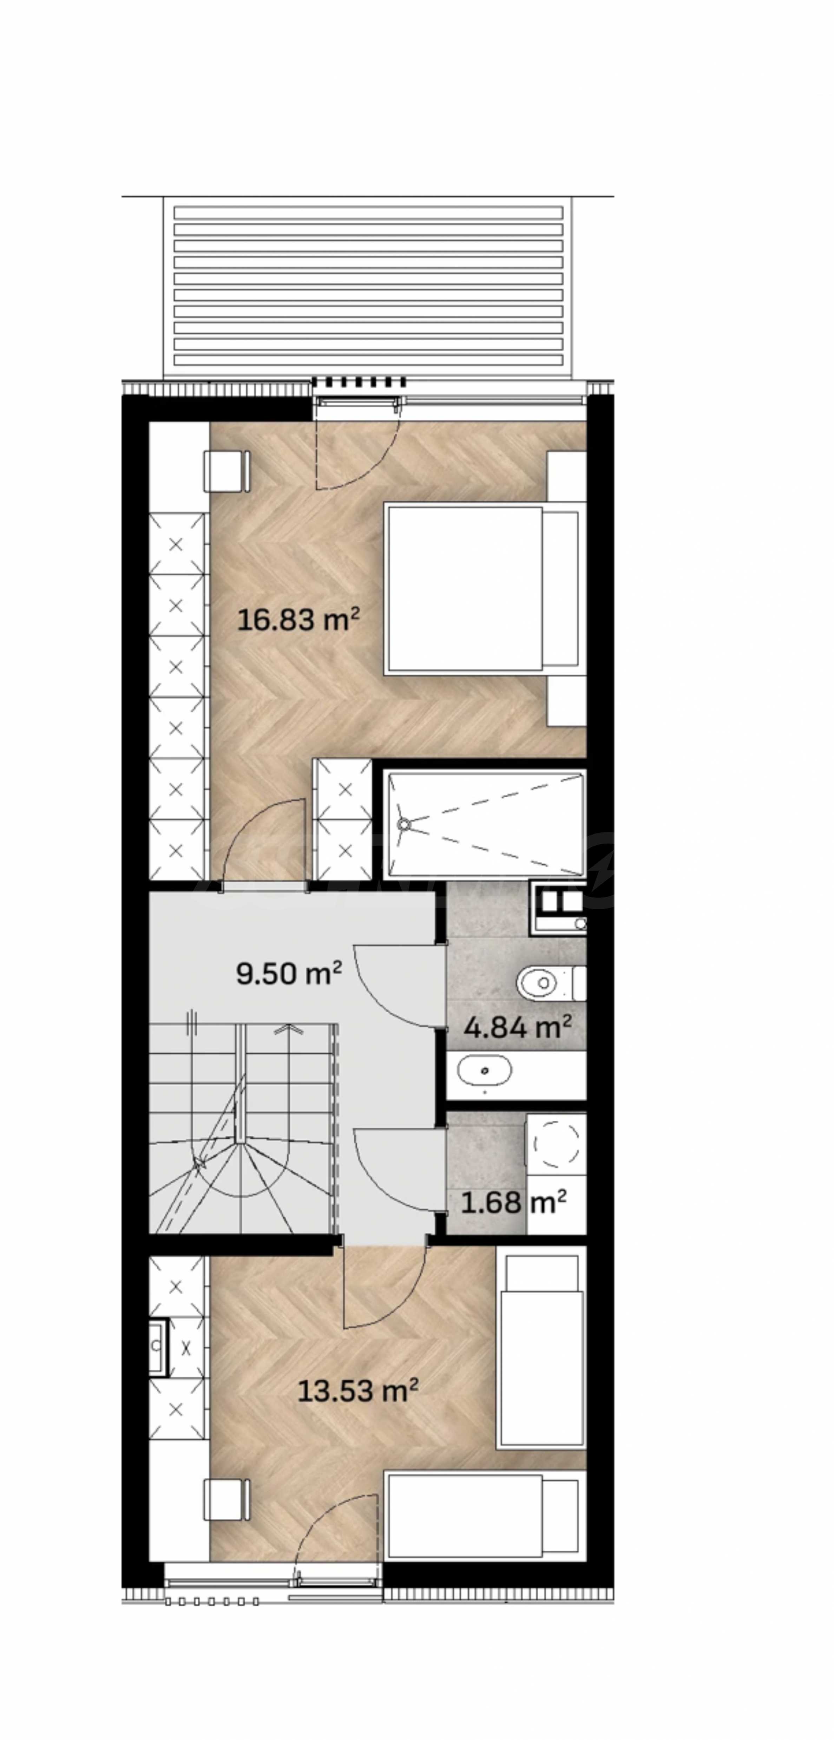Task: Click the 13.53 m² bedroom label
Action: [358, 1391]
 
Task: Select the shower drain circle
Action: [404, 824]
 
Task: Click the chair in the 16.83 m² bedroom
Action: [227, 471]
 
